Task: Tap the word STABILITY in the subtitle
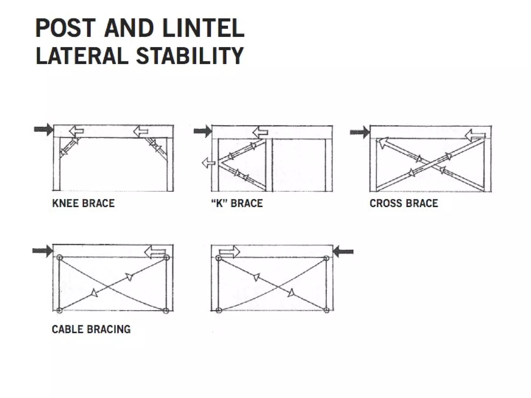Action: tap(190, 56)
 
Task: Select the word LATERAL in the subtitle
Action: tap(82, 56)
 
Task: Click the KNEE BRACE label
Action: tap(83, 203)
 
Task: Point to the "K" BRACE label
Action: tap(237, 203)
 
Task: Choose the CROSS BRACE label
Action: tap(404, 203)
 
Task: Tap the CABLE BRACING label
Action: tap(91, 329)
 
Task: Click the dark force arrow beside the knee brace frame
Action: tap(44, 129)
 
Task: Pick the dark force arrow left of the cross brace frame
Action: tap(360, 132)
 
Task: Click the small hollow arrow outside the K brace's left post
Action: tap(208, 163)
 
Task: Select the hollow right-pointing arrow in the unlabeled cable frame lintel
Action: tap(229, 252)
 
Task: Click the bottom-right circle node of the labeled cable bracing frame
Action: tap(166, 310)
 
